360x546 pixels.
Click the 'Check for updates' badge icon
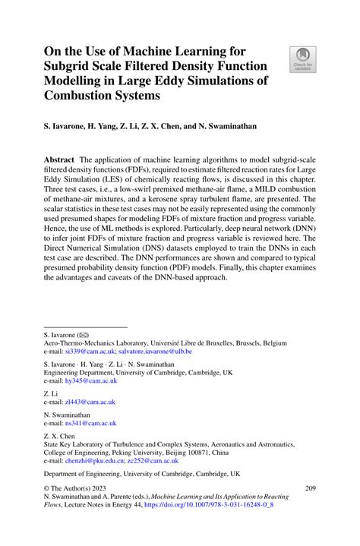pyautogui.click(x=302, y=58)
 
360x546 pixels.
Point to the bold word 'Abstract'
pyautogui.click(x=59, y=160)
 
